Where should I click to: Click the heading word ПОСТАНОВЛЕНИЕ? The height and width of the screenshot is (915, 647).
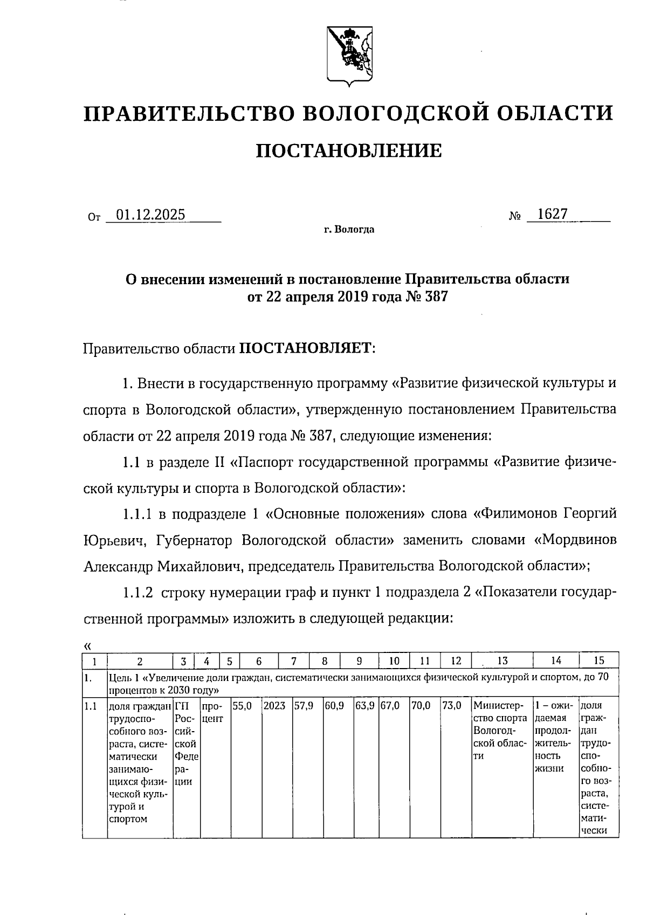tap(348, 150)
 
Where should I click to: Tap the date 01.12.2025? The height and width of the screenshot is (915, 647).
tap(151, 215)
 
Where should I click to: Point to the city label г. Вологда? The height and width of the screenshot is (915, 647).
tap(349, 230)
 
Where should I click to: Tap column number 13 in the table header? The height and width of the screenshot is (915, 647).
tap(501, 661)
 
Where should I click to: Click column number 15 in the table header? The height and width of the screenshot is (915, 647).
tap(598, 661)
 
